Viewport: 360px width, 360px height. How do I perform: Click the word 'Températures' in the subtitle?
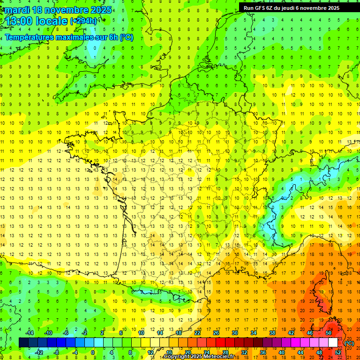click(30, 37)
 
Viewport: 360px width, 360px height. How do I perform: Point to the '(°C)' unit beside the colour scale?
click(349, 343)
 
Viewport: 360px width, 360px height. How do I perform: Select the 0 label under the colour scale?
click(92, 352)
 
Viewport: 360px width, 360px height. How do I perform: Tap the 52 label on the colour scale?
click(338, 352)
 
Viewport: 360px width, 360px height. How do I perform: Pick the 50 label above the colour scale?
click(329, 333)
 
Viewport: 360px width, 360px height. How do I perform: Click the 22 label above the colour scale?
click(197, 333)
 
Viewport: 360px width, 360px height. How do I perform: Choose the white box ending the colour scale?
click(333, 343)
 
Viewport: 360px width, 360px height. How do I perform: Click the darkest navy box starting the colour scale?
click(23, 343)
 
